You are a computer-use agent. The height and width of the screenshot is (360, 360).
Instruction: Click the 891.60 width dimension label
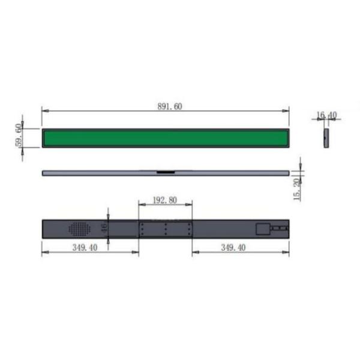pyautogui.click(x=170, y=107)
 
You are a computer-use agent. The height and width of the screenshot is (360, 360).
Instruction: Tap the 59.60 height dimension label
pyautogui.click(x=19, y=135)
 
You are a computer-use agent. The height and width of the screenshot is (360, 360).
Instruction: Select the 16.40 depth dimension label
pyautogui.click(x=326, y=115)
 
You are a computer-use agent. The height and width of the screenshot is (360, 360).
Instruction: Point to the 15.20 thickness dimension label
pyautogui.click(x=297, y=190)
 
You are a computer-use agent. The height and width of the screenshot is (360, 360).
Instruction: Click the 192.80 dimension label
pyautogui.click(x=165, y=200)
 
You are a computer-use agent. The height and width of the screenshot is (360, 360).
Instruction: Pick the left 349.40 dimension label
pyautogui.click(x=85, y=247)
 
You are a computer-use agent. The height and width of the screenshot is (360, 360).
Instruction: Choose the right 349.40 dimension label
pyautogui.click(x=233, y=247)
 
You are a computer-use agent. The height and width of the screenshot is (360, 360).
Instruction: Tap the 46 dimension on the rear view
pyautogui.click(x=104, y=228)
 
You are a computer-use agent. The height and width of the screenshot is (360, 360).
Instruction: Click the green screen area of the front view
pyautogui.click(x=166, y=138)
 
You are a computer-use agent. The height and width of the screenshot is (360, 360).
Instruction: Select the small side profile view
pyautogui.click(x=326, y=138)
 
